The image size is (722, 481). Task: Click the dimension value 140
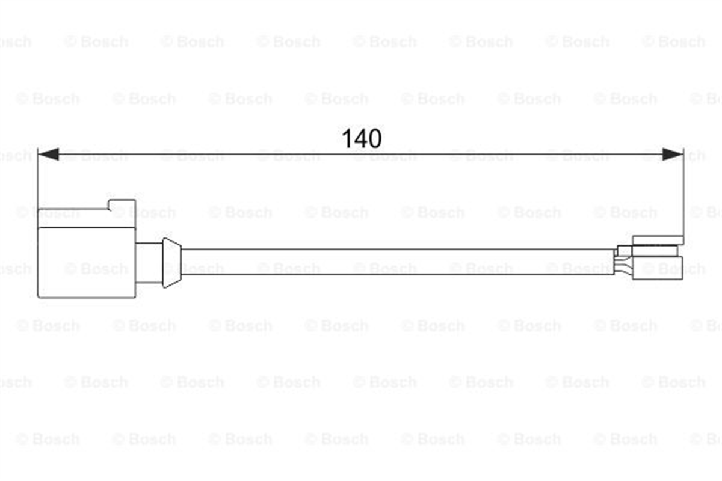[362, 138]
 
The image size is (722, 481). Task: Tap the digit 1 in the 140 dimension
[347, 138]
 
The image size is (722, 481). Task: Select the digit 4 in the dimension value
[360, 138]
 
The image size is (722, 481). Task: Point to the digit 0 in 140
[375, 138]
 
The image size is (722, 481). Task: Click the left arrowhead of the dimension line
[48, 154]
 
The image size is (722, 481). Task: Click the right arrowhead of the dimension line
[673, 154]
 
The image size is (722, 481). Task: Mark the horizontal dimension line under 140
[360, 154]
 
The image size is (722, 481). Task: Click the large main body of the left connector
[87, 263]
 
